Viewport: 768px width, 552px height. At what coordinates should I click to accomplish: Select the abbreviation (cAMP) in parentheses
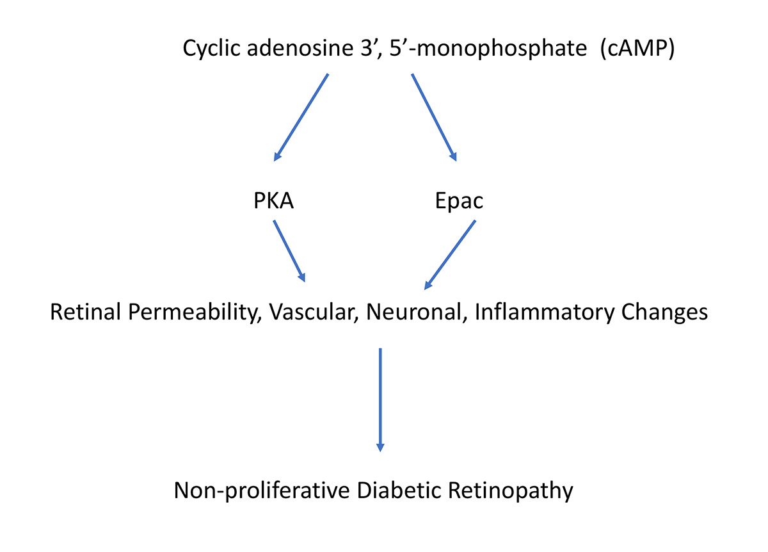point(638,49)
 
